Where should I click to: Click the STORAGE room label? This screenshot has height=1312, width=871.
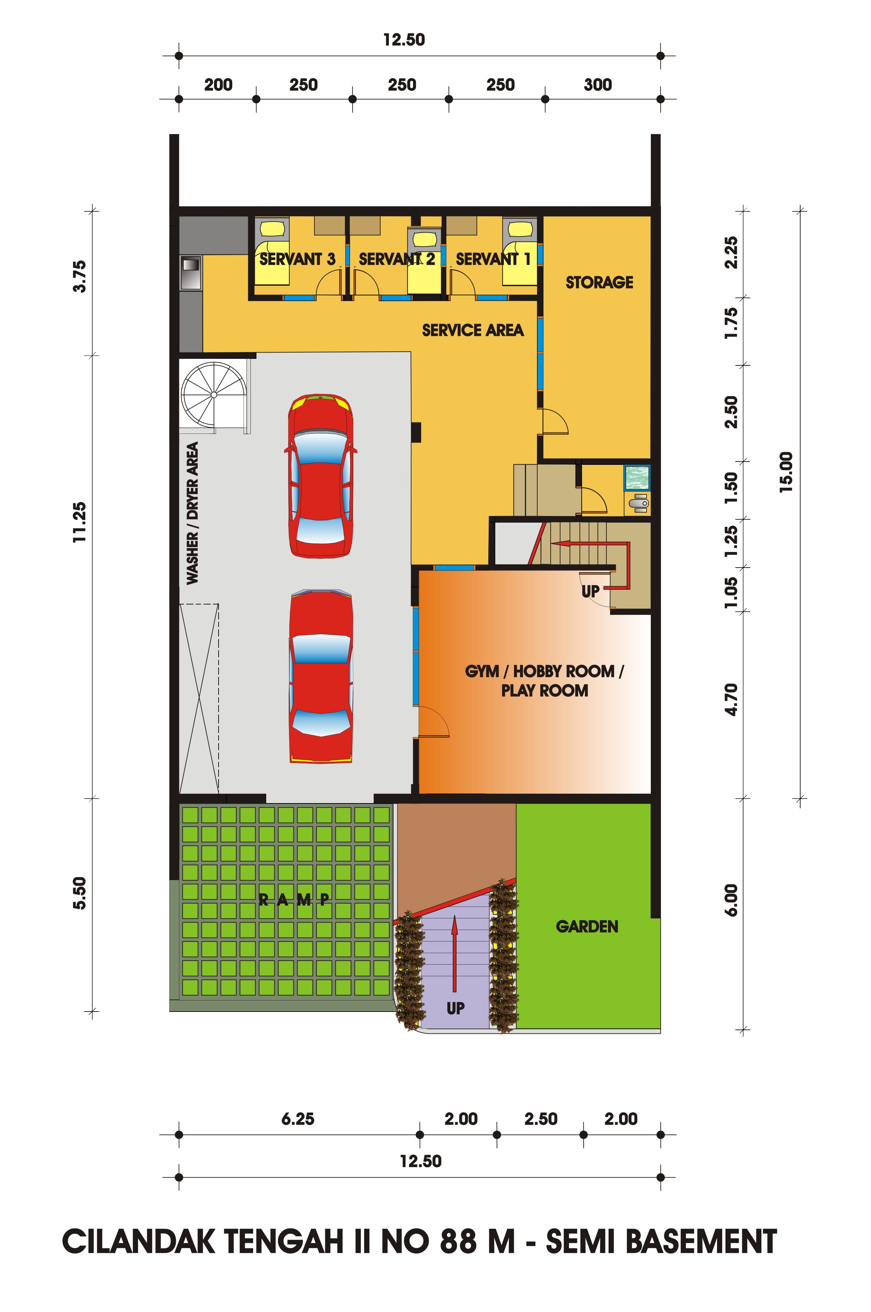pyautogui.click(x=599, y=283)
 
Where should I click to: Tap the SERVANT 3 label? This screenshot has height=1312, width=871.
pyautogui.click(x=297, y=259)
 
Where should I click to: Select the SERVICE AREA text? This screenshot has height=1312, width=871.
pyautogui.click(x=473, y=330)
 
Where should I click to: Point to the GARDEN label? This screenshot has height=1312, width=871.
pyautogui.click(x=587, y=926)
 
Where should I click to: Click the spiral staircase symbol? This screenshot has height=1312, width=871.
pyautogui.click(x=214, y=395)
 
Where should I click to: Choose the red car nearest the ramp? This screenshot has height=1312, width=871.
pyautogui.click(x=321, y=676)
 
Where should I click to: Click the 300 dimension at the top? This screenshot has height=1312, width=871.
pyautogui.click(x=598, y=85)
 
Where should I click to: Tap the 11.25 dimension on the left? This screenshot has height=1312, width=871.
pyautogui.click(x=80, y=522)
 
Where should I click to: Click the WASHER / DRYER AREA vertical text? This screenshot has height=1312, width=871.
pyautogui.click(x=192, y=513)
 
